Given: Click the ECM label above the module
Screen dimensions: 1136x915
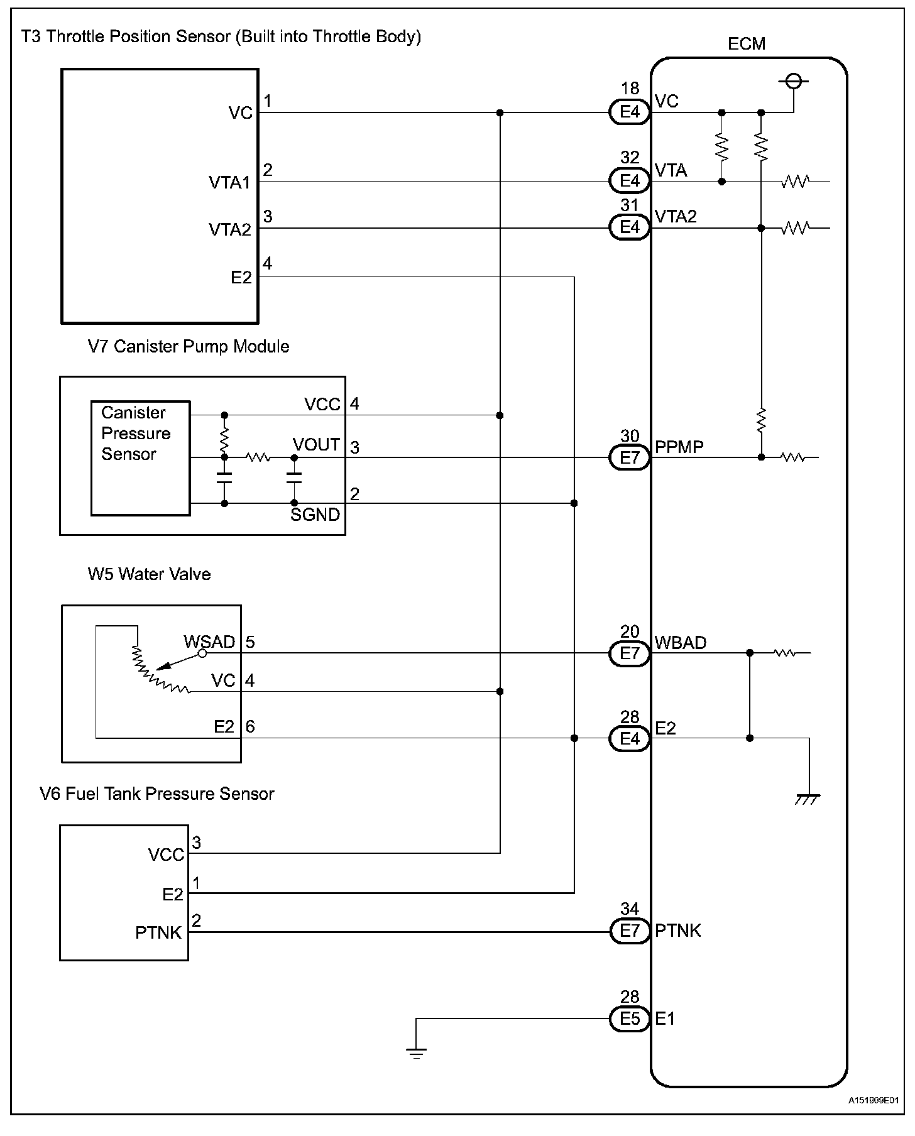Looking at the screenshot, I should pos(746,44).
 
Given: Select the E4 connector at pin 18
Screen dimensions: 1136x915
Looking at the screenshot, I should pos(629,112).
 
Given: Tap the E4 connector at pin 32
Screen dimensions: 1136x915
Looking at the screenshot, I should pos(629,182).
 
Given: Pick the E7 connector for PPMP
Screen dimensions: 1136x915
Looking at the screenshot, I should pos(629,458).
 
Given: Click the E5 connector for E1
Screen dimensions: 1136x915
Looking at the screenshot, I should pos(629,1019).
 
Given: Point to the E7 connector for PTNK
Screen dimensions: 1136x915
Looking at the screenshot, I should pos(629,931).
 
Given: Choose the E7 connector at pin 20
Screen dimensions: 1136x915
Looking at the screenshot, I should pos(629,653).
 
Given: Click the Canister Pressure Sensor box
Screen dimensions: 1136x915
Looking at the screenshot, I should pos(140,458).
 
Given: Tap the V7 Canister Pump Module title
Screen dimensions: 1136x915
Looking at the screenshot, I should pos(189,347).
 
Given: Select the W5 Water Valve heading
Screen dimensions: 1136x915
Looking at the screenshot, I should pos(149,574).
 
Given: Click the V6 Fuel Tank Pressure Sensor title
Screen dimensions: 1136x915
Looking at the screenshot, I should pos(157,794).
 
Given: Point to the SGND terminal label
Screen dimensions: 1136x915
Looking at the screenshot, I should pos(315,515).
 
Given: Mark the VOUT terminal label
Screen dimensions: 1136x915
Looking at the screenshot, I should pos(316,445).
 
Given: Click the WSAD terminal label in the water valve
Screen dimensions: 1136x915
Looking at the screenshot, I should pos(209,642).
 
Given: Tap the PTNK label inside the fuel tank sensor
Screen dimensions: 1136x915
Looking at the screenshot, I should pos(158,933).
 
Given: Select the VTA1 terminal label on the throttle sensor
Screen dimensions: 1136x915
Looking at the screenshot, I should pos(229,183).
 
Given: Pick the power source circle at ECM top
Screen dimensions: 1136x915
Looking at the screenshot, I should pos(793,81).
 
